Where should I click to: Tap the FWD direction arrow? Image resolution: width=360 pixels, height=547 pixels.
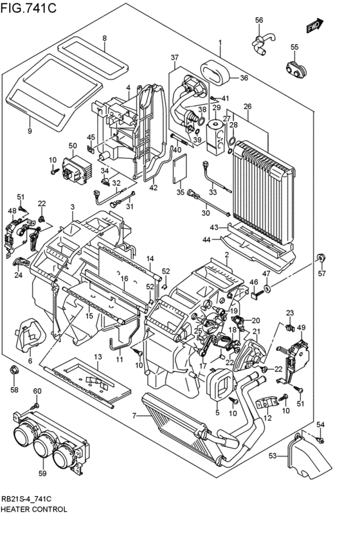314,28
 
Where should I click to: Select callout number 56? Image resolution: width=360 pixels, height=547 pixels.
259,21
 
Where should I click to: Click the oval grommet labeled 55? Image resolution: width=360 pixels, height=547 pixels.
295,68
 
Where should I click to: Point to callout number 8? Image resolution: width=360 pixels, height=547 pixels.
104,39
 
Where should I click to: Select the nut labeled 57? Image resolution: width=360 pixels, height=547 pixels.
320,259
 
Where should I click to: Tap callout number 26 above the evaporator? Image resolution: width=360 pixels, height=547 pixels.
247,106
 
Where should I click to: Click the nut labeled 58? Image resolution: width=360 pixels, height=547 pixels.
14,371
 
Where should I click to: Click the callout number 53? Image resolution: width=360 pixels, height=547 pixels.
272,455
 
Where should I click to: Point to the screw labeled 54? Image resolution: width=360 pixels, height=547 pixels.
321,440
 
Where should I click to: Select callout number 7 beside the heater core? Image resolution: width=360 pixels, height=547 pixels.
134,416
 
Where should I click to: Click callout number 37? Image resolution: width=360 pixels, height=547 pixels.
174,58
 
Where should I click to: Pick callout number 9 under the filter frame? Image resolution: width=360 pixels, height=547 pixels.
29,131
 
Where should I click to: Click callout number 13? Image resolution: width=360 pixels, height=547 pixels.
98,357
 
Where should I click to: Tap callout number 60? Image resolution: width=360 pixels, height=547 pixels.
37,391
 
